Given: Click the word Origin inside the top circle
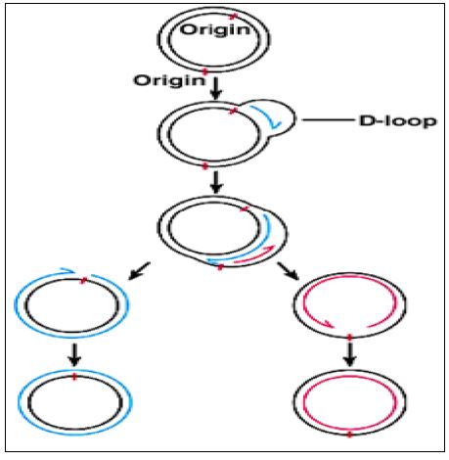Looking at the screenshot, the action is pyautogui.click(x=215, y=30).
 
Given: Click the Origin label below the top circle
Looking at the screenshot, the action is pyautogui.click(x=169, y=80).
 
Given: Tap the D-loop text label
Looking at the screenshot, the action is pyautogui.click(x=397, y=121).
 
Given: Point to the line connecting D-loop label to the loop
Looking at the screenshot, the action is pyautogui.click(x=328, y=120).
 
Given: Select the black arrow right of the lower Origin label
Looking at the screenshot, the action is pyautogui.click(x=215, y=88).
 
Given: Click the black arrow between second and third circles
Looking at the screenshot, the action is pyautogui.click(x=215, y=182).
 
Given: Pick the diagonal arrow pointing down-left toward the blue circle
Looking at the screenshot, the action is pyautogui.click(x=139, y=271).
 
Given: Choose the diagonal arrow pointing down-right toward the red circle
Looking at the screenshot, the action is pyautogui.click(x=289, y=271).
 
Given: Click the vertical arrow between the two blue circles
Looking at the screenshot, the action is pyautogui.click(x=74, y=354).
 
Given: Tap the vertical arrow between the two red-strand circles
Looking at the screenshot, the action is pyautogui.click(x=349, y=355).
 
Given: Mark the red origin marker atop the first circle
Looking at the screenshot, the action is pyautogui.click(x=233, y=17).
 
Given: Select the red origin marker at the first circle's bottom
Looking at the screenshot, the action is pyautogui.click(x=204, y=70).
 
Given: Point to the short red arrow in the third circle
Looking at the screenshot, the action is pyautogui.click(x=258, y=253).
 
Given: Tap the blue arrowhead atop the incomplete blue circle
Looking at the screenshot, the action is pyautogui.click(x=67, y=270).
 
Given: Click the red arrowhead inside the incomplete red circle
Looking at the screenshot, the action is pyautogui.click(x=327, y=324).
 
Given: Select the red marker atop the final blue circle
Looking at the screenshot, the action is pyautogui.click(x=74, y=377).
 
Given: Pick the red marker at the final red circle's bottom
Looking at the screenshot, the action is pyautogui.click(x=349, y=435).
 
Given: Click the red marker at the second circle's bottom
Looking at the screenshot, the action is pyautogui.click(x=204, y=166).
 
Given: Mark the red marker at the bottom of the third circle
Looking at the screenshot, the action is pyautogui.click(x=220, y=267).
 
